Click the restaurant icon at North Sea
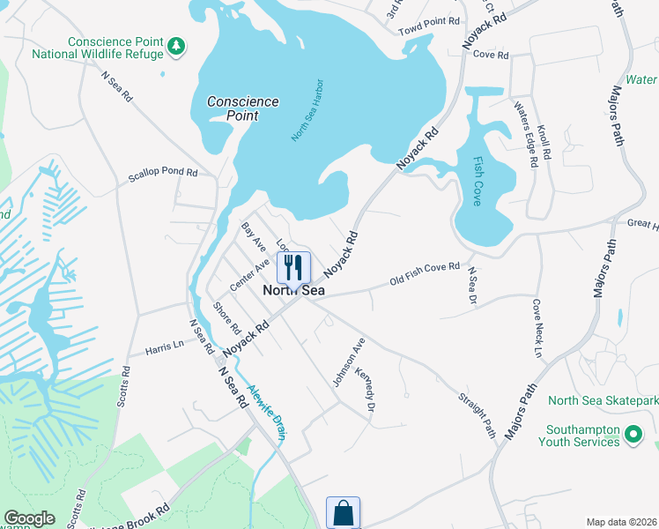click(x=294, y=267)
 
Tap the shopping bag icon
click(x=343, y=512)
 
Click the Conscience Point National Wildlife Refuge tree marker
click(x=177, y=45)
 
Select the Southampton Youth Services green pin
click(x=633, y=433)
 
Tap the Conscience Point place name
click(x=243, y=108)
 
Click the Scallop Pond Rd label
click(x=163, y=174)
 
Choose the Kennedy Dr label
click(x=366, y=391)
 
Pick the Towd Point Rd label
click(x=430, y=20)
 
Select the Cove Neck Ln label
click(x=537, y=329)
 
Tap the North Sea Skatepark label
click(x=603, y=400)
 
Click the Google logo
click(x=29, y=518)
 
